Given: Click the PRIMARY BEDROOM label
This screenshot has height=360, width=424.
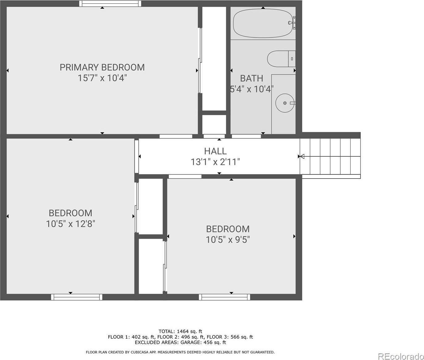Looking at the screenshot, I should coord(102,67).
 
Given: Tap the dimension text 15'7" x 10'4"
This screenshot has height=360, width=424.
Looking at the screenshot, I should coord(102,78).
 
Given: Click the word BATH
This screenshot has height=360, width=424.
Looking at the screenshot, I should coord(251,78).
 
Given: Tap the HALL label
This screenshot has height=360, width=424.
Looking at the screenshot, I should coord(215,151).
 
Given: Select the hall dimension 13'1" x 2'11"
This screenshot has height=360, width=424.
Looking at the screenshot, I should coord(215,162).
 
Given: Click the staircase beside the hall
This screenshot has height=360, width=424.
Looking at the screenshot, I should coord(330,156).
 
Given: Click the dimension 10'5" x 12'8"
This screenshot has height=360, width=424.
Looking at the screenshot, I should coord(70,224).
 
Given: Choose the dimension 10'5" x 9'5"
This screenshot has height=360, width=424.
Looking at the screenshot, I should coord(228,239).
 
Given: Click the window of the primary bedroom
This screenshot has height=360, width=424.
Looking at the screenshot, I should coord(110,4).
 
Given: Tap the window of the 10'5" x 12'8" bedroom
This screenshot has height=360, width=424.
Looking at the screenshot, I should coord(77,297).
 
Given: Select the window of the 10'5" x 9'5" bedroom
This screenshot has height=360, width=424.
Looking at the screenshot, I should coord(225,297).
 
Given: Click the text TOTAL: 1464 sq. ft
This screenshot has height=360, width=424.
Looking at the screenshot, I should coord(180,331).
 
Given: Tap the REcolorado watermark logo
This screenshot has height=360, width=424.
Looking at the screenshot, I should coord(400,356).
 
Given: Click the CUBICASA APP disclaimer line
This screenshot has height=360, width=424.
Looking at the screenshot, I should coord(180,352).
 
